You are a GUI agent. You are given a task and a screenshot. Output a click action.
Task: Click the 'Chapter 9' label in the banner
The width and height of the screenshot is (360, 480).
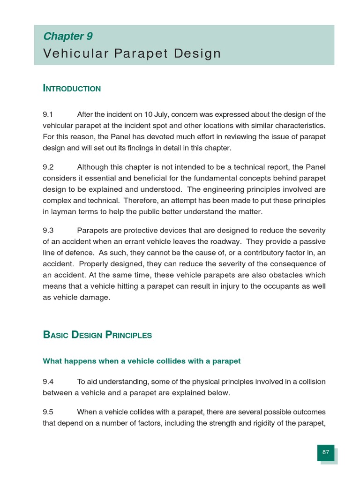[67, 37]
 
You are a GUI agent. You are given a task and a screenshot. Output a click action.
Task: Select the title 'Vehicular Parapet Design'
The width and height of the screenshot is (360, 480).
[132, 53]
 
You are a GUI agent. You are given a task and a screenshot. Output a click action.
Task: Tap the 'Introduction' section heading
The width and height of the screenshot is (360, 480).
[72, 89]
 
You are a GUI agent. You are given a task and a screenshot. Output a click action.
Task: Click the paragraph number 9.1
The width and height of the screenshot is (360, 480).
[48, 115]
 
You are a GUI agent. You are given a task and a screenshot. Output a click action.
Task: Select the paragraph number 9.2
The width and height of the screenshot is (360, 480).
[48, 167]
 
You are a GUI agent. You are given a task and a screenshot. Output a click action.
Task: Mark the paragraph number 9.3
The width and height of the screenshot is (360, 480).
[48, 231]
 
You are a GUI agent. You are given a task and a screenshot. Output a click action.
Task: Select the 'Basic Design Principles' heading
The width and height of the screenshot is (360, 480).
[97, 335]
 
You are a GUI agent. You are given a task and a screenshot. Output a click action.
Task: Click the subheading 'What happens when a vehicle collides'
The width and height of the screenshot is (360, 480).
[142, 361]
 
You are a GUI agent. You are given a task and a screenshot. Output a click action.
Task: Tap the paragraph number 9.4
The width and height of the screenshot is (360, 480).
[48, 382]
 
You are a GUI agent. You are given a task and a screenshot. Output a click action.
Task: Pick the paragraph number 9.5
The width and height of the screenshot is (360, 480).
[48, 412]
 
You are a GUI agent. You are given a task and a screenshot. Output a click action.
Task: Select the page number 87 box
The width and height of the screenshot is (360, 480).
[326, 452]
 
